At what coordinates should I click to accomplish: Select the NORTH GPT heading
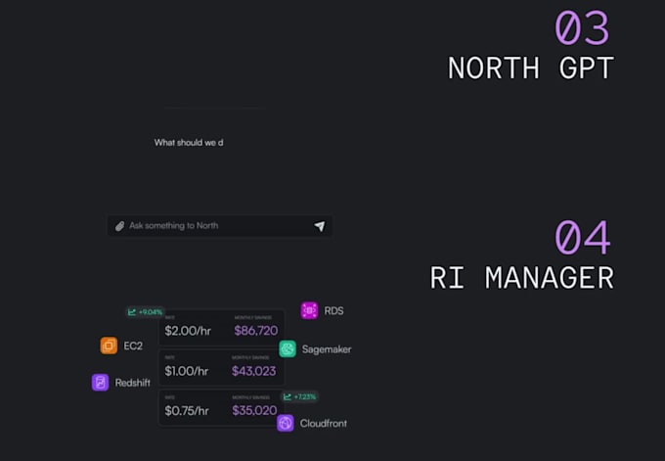[531, 68]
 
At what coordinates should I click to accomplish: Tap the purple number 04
[583, 238]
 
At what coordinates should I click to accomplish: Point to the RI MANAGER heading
[522, 277]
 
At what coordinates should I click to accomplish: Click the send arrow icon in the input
[319, 226]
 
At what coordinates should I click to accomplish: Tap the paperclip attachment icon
[120, 226]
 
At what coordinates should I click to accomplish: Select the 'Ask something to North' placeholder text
[174, 226]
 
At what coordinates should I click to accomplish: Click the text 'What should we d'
[189, 143]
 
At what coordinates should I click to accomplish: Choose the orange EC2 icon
[109, 346]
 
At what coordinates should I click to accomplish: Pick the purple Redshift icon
[100, 383]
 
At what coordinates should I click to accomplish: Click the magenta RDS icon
[309, 311]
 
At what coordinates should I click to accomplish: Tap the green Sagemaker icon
[288, 348]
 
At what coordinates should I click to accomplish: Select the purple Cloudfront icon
[286, 423]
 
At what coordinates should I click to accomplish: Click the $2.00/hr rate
[188, 331]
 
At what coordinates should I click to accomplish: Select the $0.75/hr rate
[188, 410]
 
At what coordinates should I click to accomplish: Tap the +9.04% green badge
[145, 312]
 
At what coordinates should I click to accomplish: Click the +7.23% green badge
[299, 396]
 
